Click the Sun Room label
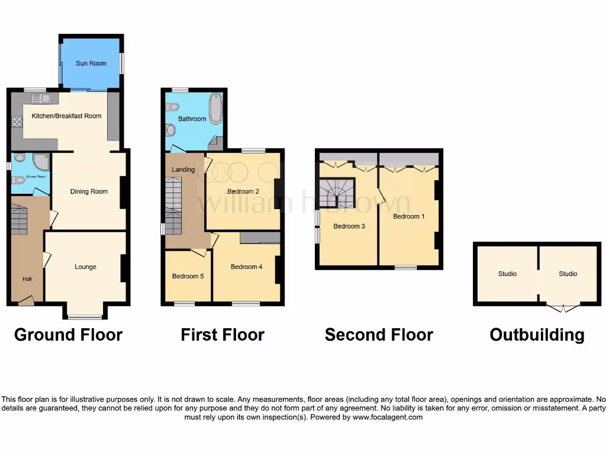click(91, 63)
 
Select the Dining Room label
click(89, 191)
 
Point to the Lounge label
click(85, 267)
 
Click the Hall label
click(27, 280)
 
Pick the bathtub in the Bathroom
click(215, 108)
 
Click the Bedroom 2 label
click(243, 191)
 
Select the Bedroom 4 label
click(246, 267)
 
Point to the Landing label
click(183, 170)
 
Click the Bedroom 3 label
click(349, 226)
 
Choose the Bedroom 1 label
click(408, 216)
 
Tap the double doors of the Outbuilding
click(562, 307)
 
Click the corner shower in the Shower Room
click(41, 162)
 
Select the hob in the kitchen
click(17, 121)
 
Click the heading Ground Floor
click(68, 335)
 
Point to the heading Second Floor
click(379, 335)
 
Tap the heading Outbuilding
click(537, 335)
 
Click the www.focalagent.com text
click(388, 417)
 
